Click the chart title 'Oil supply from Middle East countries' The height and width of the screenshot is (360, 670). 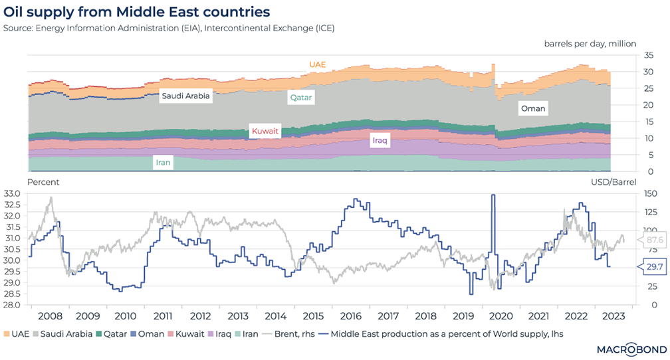(x=137, y=12)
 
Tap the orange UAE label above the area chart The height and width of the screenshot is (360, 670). (x=318, y=64)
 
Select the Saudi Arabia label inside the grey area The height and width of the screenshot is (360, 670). (x=185, y=96)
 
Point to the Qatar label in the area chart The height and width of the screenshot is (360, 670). (x=300, y=97)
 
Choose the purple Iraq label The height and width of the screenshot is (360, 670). (x=380, y=141)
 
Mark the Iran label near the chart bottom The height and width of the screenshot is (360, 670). (x=164, y=161)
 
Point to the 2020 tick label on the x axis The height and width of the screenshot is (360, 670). (x=499, y=316)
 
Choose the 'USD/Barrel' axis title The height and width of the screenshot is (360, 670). (x=614, y=182)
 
